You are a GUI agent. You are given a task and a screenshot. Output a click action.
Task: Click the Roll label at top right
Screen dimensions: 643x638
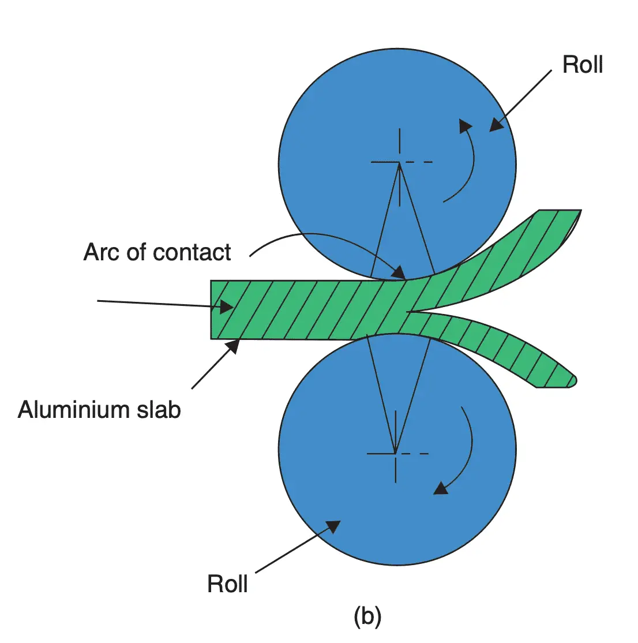583,64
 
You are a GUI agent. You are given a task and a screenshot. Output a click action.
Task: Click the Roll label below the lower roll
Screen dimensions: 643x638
227,584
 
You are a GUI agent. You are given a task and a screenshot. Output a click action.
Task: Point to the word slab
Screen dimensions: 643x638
159,409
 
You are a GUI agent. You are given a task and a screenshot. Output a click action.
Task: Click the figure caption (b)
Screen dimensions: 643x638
367,616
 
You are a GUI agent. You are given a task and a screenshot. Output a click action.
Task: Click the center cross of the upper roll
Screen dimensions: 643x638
399,162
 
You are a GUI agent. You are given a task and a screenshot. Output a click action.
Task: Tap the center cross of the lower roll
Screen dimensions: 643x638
396,454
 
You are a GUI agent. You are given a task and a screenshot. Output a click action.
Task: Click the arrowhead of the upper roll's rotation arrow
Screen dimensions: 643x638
465,126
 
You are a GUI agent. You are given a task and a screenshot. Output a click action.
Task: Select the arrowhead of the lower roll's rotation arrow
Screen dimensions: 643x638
441,488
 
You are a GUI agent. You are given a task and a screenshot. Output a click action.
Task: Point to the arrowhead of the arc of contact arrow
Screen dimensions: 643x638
399,272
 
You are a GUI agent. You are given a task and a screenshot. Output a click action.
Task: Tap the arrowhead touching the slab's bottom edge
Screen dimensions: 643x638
233,346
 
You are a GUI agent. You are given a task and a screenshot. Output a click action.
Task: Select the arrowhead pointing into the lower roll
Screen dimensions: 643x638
333,526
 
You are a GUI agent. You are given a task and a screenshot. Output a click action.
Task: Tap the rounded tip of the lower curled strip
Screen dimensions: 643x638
573,380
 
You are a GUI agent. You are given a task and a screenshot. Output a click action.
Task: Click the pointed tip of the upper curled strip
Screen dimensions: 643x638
580,211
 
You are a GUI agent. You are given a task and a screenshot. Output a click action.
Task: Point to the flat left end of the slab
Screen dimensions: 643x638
211,309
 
